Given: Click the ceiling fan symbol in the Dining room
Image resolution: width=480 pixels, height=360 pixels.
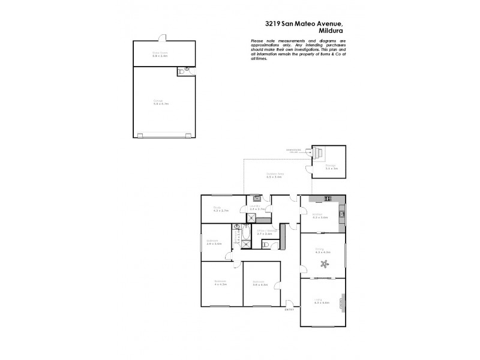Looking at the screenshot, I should coord(325,264).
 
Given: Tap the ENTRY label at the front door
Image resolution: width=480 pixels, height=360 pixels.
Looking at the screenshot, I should coord(290,310).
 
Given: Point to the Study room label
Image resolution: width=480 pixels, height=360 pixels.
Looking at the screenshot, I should coord(217,208).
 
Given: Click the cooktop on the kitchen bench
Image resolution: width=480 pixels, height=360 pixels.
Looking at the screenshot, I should coord(328,199).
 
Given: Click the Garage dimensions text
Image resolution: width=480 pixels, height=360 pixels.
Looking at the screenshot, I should coord(161,104).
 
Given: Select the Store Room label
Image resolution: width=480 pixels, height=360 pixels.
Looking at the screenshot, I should coord(160,52).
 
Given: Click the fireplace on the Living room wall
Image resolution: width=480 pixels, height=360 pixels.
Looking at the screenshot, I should coord(343,302).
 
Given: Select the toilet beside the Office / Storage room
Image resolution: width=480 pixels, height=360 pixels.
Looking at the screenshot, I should coord(266,244).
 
